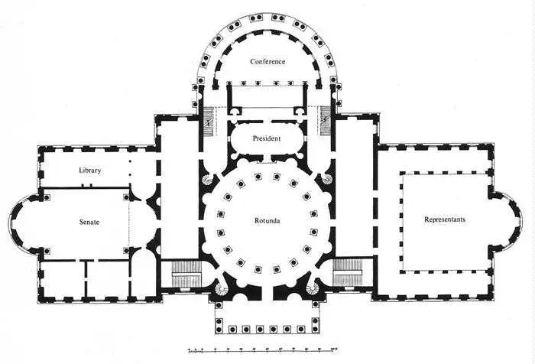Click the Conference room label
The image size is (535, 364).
point(267,62)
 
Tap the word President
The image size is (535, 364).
point(267,138)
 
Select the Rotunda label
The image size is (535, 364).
point(267,221)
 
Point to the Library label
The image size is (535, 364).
point(89,171)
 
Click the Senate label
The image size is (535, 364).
point(89,223)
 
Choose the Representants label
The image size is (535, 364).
point(445,219)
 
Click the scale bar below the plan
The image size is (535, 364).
point(263,349)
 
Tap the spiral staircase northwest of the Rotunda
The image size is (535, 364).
point(208,179)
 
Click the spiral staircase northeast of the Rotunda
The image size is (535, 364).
point(327,178)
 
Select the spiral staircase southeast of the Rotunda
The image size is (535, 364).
point(313,288)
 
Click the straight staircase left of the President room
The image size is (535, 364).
point(209,122)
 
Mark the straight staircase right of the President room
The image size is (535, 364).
point(326,121)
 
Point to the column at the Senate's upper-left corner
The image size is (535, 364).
point(47,197)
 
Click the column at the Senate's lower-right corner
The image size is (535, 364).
point(126,251)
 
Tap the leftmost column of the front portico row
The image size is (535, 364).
point(219,330)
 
